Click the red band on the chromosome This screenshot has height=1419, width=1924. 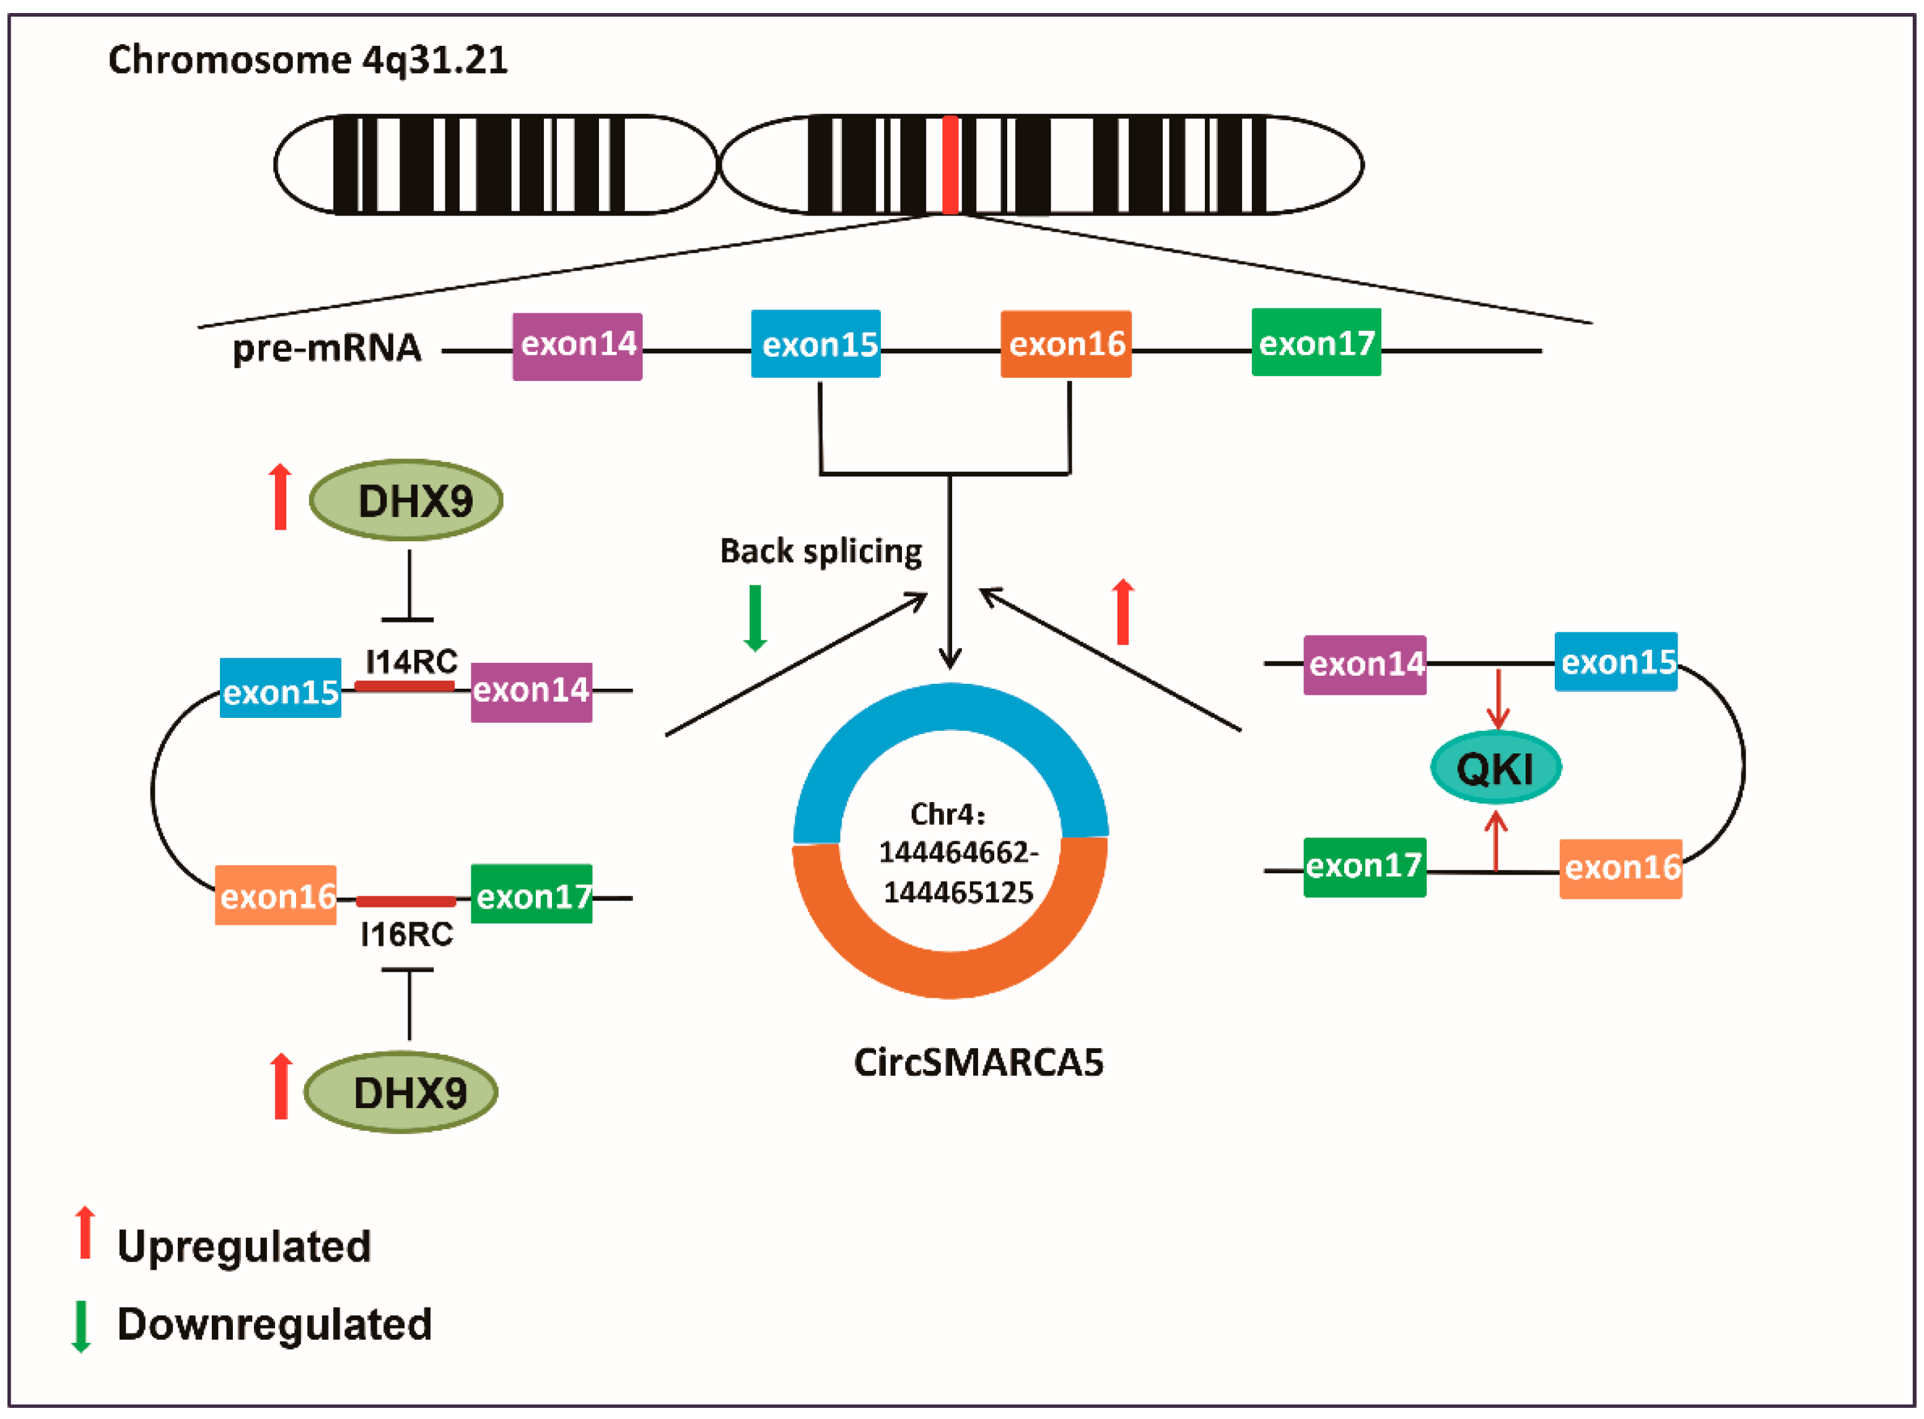pos(950,164)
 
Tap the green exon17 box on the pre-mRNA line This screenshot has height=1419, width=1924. pos(1316,343)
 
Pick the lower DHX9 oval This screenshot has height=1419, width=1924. pos(401,1093)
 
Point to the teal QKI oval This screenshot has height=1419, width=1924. pos(1495,767)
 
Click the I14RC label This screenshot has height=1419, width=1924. pos(411,661)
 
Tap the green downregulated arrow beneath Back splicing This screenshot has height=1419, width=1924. pos(755,618)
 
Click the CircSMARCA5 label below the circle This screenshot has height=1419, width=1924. pos(978,1062)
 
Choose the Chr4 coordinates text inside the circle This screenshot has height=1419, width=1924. pos(957,852)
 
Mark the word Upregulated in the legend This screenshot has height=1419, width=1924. pos(244,1246)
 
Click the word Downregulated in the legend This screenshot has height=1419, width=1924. pos(274,1324)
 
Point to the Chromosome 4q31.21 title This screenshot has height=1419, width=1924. pos(307,60)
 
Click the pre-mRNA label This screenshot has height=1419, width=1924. pos(327,348)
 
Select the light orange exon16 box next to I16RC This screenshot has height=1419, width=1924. pos(276,895)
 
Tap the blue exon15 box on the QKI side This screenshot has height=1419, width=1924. pos(1616,661)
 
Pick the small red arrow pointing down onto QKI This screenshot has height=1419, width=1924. pos(1498,699)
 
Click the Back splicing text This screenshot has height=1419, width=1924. pos(820,551)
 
